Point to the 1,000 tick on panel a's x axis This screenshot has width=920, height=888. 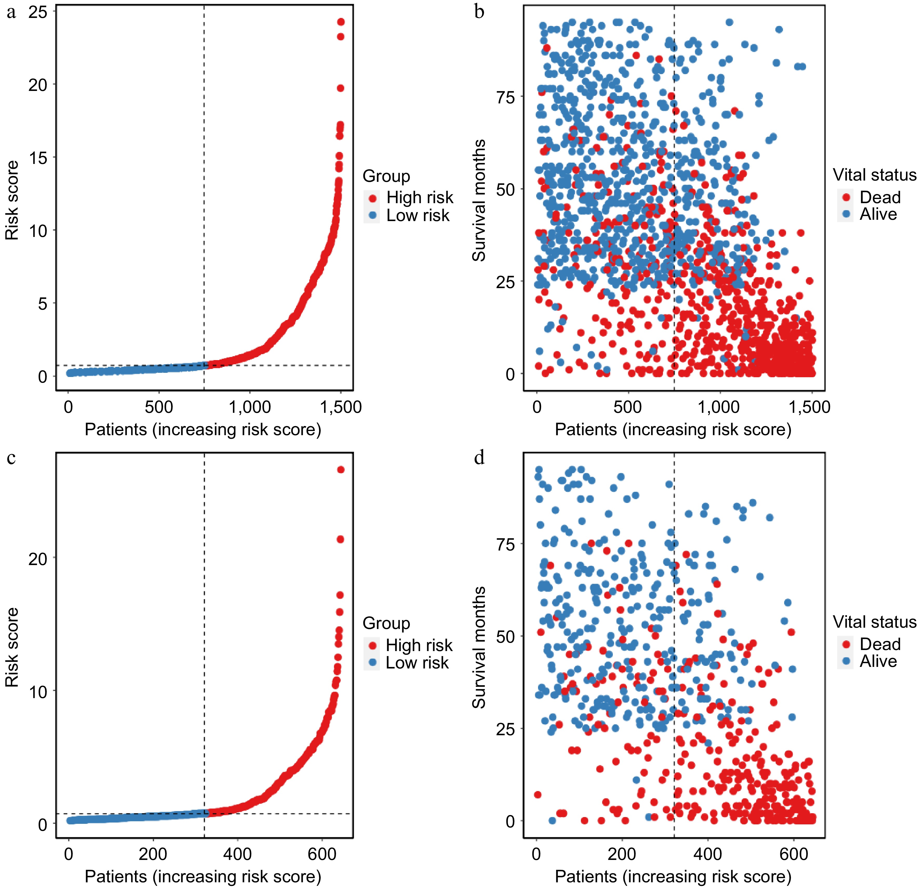point(250,407)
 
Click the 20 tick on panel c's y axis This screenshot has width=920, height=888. point(38,559)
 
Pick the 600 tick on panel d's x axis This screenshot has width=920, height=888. point(794,854)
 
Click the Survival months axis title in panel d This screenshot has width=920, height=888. point(479,647)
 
